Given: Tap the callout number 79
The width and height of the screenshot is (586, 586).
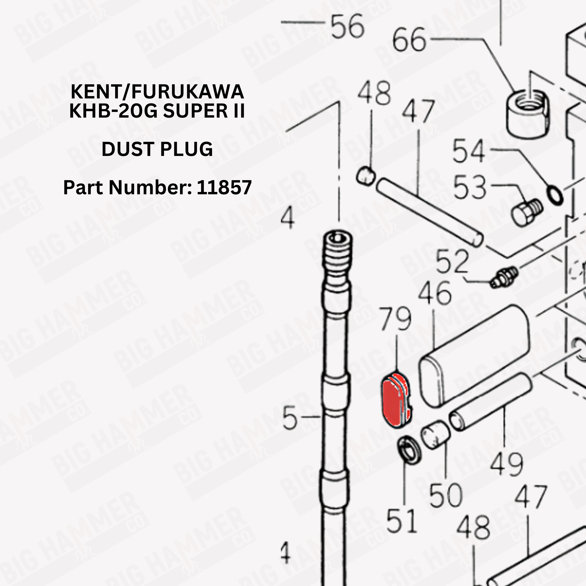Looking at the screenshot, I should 395,319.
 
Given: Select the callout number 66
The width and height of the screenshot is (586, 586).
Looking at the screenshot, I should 409,40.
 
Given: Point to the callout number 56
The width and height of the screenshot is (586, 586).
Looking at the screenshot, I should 347,26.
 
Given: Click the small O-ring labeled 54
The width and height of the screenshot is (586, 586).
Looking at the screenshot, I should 555,196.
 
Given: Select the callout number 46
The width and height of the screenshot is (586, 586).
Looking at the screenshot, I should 435,293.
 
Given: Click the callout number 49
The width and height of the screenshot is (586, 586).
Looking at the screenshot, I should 506,465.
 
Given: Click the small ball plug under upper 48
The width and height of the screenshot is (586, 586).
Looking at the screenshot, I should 366,176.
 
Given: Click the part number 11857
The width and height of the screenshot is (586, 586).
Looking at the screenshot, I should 224,187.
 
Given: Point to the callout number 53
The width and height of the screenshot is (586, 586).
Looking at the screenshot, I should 470,188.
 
